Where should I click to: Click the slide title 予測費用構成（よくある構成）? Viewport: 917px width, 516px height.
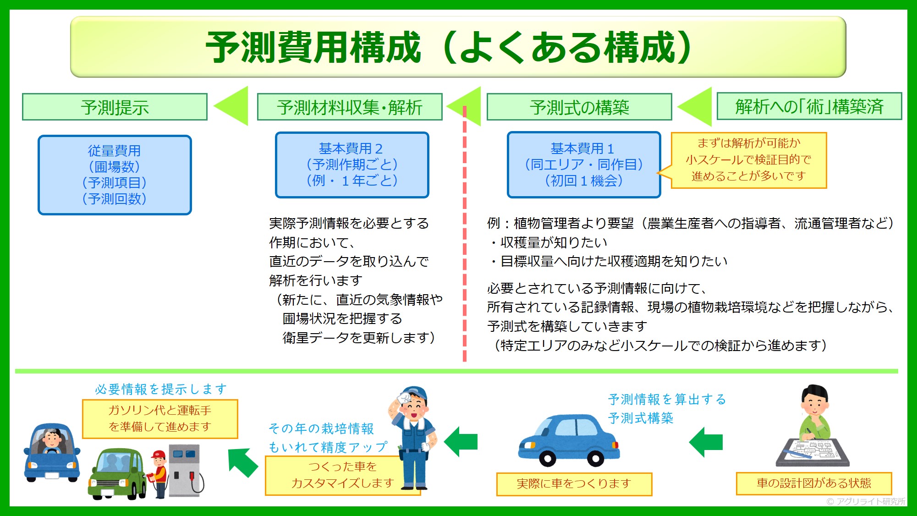click(449, 47)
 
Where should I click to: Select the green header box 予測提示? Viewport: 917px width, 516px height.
click(115, 107)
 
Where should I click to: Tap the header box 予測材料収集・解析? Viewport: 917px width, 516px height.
click(350, 107)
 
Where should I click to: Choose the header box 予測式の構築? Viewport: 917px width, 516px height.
click(579, 107)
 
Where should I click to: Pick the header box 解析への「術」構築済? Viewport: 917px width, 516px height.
click(809, 106)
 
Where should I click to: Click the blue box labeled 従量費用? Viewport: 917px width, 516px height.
click(115, 175)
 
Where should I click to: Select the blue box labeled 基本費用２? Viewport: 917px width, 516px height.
click(352, 165)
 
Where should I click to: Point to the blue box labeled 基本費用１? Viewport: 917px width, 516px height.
click(584, 165)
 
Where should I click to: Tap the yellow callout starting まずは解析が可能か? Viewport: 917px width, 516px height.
click(748, 160)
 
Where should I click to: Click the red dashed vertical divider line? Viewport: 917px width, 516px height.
click(465, 234)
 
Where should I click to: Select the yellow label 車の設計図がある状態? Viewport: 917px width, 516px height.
click(814, 483)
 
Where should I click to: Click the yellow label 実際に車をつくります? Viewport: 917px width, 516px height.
click(574, 484)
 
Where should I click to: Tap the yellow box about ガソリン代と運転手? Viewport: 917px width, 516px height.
click(160, 419)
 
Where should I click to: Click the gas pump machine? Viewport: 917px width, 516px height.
click(186, 471)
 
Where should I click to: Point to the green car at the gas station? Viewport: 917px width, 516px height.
click(117, 473)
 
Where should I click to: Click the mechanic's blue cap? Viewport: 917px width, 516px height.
click(414, 393)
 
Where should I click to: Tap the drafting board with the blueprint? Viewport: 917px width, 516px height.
click(812, 452)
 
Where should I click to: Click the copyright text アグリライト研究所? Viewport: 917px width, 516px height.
click(866, 501)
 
